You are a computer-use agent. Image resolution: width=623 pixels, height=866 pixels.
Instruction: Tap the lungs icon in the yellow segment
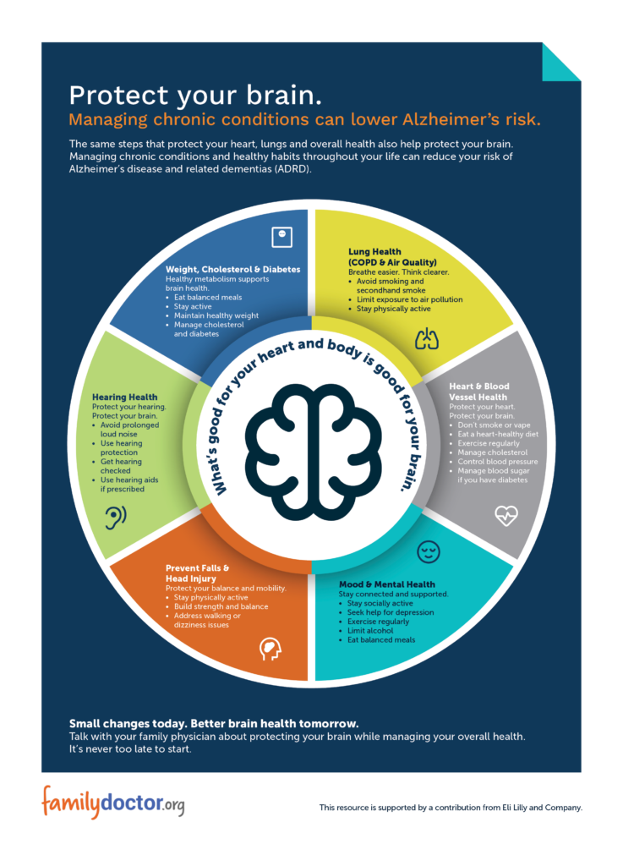coord(428,339)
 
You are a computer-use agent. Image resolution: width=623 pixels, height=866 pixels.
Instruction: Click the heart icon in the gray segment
coord(506,515)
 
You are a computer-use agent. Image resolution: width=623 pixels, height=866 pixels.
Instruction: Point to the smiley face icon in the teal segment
coord(429,552)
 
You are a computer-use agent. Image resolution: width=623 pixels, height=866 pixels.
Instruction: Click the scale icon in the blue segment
coord(281,236)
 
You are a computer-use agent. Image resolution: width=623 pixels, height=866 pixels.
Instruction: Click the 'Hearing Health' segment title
coord(125,397)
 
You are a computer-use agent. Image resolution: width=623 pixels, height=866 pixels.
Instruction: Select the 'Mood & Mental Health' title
coord(387,584)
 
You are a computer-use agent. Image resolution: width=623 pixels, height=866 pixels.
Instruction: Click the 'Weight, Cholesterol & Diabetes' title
coord(232,270)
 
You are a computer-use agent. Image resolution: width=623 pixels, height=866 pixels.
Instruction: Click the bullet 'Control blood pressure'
coord(498,462)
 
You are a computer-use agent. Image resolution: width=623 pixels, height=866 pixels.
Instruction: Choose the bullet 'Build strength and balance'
coord(221,606)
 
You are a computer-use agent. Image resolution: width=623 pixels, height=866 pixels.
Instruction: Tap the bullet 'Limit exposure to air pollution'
coord(409,300)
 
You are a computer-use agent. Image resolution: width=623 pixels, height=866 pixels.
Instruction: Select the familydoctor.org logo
coord(112,802)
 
